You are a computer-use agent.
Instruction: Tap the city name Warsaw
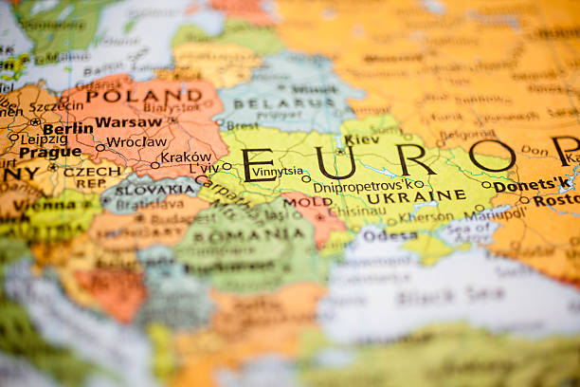coord(129,121)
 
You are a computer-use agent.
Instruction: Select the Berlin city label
coord(68,128)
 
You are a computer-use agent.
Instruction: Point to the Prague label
coord(50,152)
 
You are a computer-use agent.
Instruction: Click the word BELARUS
coord(271,102)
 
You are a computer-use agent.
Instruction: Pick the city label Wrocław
coord(136,142)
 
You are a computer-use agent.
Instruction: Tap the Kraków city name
coord(186,157)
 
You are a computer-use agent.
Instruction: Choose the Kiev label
coord(361,139)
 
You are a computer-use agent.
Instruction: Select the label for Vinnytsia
coord(278,172)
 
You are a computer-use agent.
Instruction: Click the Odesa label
coord(389,235)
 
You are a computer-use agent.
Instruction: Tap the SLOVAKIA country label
coord(154,190)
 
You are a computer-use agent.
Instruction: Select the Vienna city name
coord(45,204)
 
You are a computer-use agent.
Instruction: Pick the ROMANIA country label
coord(238,233)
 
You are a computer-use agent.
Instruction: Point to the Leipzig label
coord(44,138)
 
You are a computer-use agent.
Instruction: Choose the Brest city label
coord(242,125)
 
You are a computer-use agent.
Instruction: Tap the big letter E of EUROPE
coord(258,164)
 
